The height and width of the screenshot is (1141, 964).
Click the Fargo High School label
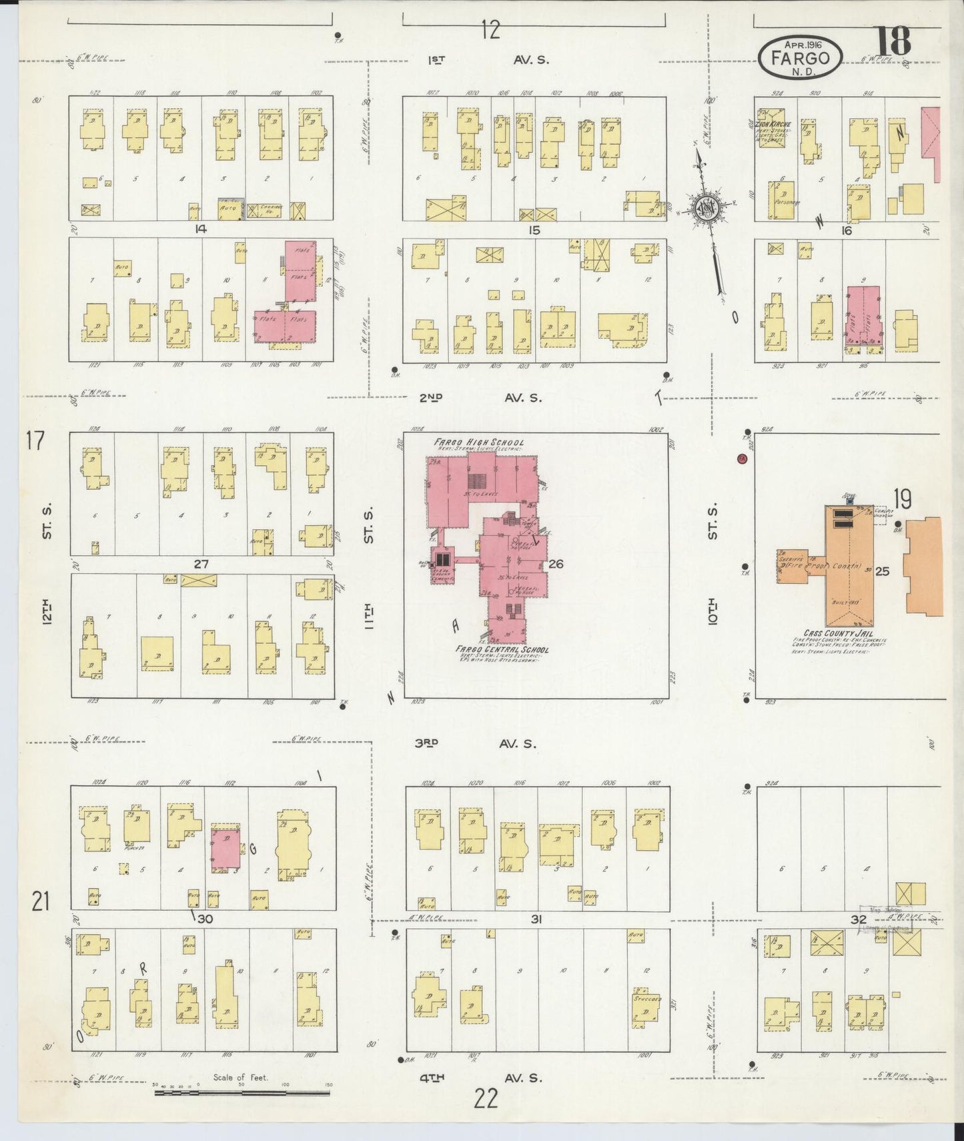coord(479,442)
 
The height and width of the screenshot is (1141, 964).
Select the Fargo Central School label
coord(502,649)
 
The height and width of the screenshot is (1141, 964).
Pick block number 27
coord(201,564)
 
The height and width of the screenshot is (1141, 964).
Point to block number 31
coord(535,919)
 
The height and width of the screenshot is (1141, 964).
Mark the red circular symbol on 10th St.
coord(742,459)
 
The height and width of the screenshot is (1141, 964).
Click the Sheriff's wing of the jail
coord(791,564)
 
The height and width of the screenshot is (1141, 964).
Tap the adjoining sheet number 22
coord(486,1097)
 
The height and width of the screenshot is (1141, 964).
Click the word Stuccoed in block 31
coord(648,1000)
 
